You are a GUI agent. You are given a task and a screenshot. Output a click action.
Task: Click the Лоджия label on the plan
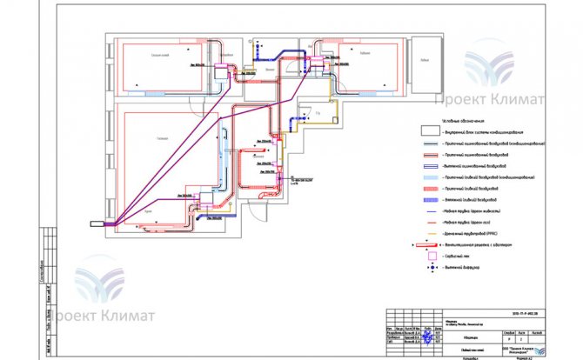tap(424, 60)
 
